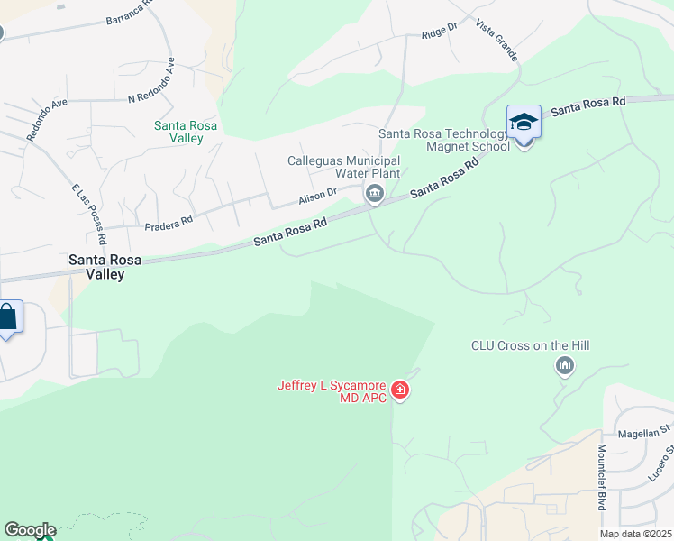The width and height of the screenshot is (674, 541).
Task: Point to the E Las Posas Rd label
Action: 89,215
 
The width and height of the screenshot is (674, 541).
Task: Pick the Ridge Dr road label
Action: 440,34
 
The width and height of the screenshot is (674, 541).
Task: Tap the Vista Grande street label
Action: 496,40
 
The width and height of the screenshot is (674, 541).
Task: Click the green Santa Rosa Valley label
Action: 186,132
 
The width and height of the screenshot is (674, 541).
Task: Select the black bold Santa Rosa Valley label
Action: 97,266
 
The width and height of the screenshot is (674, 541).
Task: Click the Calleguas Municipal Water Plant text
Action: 343,167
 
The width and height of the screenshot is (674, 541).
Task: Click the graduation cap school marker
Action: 524,122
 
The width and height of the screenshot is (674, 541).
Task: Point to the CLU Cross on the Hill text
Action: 536,345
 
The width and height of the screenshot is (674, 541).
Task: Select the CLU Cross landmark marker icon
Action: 565,365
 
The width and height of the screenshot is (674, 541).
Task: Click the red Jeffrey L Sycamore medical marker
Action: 400,391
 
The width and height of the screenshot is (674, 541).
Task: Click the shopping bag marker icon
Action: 7,317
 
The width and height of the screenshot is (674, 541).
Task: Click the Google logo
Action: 30,530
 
